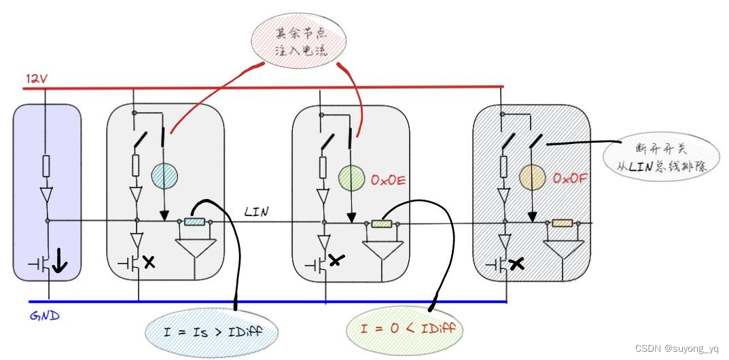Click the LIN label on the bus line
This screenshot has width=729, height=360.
[x=256, y=213]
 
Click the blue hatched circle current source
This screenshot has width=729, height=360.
[x=164, y=176]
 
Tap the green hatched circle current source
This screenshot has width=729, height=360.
[x=351, y=178]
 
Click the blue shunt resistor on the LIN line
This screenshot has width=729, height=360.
[x=195, y=221]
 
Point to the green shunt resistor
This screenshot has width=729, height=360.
[x=382, y=222]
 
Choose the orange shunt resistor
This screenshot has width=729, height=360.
[x=563, y=223]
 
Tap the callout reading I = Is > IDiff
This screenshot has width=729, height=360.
[x=213, y=331]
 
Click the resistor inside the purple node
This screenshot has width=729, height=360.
[x=46, y=166]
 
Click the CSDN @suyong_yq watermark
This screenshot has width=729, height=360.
[x=677, y=348]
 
